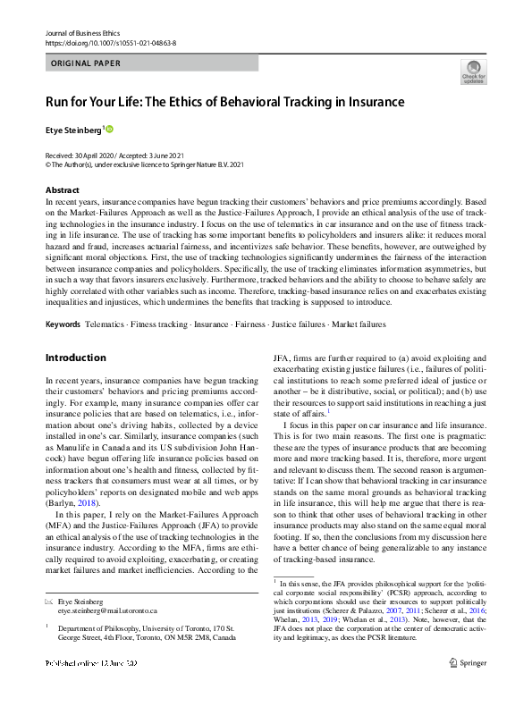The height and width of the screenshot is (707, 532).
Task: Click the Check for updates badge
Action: pos(473,71)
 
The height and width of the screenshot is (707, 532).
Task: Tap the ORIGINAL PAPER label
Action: pos(86,63)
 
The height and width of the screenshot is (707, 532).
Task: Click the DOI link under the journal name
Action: pos(110,42)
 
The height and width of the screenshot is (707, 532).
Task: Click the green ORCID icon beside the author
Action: pos(111,130)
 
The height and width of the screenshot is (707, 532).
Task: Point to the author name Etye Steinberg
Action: pos(73,130)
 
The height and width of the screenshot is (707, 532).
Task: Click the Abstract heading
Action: pos(63,190)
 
